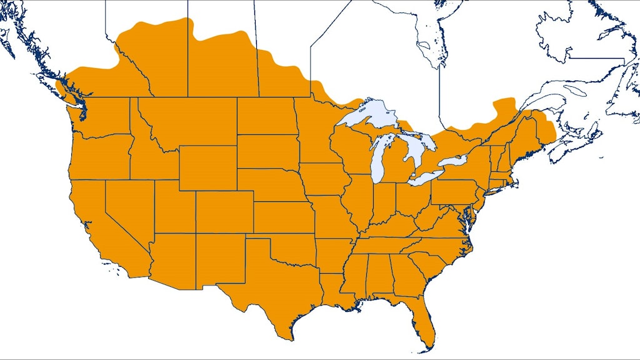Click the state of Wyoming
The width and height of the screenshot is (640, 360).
[207, 167]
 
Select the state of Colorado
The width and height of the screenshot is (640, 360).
[224, 212]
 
